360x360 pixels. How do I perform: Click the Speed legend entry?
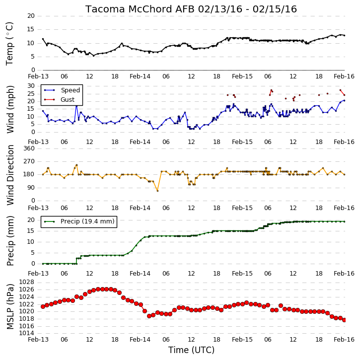point(62,90)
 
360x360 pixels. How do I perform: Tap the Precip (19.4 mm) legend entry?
point(79,221)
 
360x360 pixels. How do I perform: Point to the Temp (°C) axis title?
point(9,44)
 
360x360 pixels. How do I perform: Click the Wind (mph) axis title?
point(10,109)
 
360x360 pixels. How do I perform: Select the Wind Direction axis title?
point(10,175)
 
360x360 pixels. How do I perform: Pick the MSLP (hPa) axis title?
point(10,306)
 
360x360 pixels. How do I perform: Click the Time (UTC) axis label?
point(191,350)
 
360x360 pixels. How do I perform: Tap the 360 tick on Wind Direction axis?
point(29,148)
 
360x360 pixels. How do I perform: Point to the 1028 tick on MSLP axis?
point(27,282)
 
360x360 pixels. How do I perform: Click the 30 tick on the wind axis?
point(31,86)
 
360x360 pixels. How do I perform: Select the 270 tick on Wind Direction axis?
point(29,161)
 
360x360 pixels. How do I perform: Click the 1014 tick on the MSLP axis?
point(27,333)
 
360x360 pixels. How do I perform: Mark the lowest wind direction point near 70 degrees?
point(157,191)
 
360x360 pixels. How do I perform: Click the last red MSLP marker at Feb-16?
point(344,320)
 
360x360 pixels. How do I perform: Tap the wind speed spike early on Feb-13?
point(76,105)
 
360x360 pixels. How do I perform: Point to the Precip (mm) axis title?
point(10,241)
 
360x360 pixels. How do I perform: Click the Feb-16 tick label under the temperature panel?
point(344,76)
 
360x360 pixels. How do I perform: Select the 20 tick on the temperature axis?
point(31,16)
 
